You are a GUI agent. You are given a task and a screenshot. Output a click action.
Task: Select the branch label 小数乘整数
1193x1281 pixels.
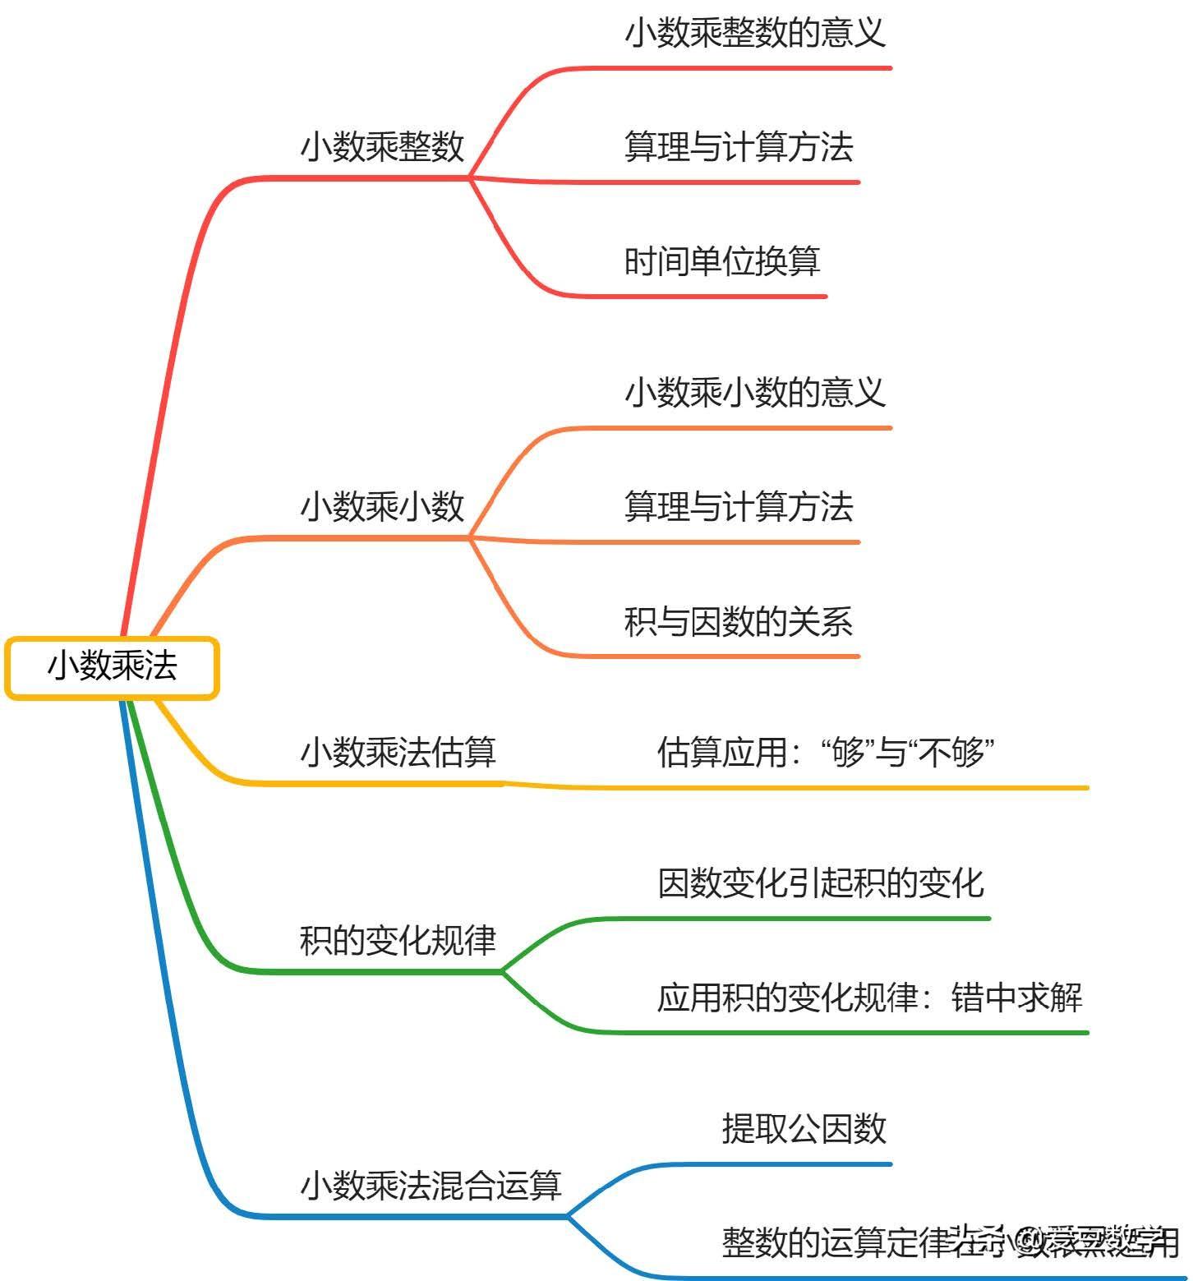coord(383,147)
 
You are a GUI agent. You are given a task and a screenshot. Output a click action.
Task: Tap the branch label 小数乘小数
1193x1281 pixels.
coord(383,507)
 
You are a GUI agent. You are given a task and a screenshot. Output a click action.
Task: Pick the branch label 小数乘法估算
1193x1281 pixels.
coord(398,752)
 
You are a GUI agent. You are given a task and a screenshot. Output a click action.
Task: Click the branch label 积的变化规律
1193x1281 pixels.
coord(398,940)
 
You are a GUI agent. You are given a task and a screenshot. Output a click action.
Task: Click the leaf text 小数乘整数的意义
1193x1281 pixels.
coord(755,34)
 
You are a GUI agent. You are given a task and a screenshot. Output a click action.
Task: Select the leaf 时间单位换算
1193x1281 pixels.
coord(722,262)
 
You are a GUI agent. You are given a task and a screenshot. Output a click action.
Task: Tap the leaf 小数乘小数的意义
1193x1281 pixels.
coord(755,393)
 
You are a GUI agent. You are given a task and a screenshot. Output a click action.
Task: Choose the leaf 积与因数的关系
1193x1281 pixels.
coord(739,622)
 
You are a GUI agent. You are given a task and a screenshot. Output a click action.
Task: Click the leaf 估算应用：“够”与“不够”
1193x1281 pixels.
coord(826,752)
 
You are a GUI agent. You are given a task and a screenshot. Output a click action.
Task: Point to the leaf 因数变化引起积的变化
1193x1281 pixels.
coord(821,883)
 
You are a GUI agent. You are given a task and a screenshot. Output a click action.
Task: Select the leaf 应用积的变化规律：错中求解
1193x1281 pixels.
coord(870,998)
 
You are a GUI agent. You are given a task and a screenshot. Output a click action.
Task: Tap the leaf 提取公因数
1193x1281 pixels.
coord(804,1129)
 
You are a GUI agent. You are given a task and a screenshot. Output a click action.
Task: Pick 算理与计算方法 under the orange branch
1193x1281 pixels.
coord(739,507)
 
